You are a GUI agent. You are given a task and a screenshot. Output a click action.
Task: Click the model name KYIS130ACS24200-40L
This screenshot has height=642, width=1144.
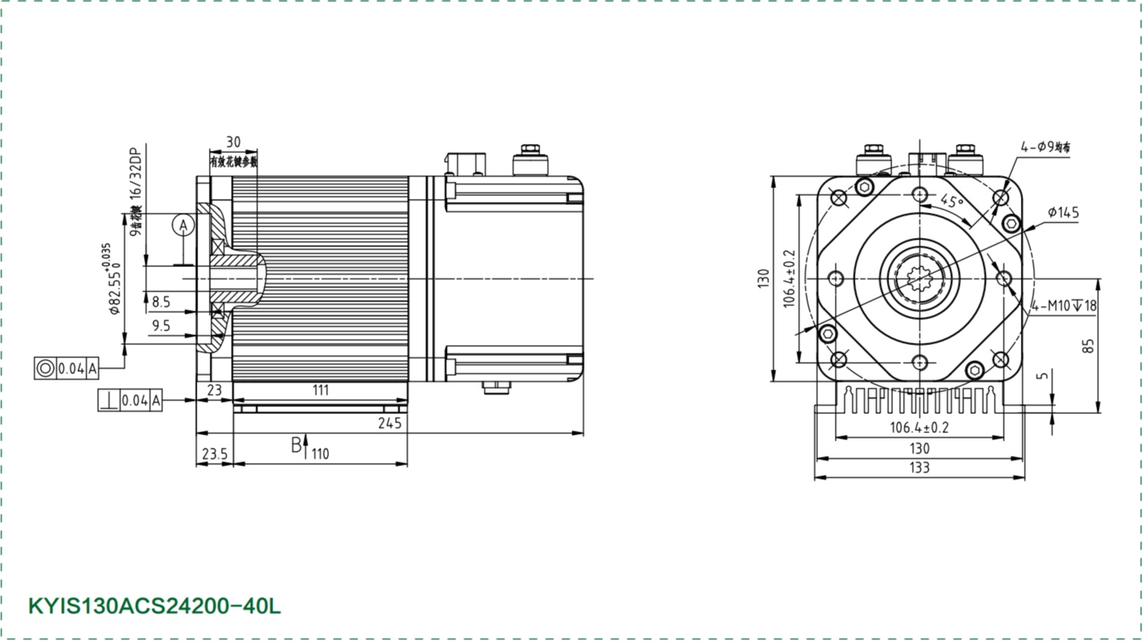155,606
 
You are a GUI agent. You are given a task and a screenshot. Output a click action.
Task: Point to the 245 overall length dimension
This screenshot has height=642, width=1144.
389,423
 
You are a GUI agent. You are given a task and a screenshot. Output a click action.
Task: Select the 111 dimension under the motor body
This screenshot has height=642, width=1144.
321,390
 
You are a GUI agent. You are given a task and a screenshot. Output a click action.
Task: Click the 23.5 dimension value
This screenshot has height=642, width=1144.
214,454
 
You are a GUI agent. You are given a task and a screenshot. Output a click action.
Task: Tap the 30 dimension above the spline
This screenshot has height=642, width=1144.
233,142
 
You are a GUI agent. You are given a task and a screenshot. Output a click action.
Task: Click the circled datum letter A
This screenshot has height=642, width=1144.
183,225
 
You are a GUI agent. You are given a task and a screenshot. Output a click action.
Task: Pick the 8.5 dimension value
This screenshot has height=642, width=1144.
161,302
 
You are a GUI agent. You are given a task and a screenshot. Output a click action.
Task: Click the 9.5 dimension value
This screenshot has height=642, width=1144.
161,326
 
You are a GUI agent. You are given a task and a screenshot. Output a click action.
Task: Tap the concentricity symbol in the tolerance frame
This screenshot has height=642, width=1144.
45,368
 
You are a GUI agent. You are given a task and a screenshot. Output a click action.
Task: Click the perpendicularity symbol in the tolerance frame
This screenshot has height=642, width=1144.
109,400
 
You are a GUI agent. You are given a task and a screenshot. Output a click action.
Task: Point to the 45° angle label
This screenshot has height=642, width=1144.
951,202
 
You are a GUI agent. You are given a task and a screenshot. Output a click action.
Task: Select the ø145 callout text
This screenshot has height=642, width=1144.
1063,212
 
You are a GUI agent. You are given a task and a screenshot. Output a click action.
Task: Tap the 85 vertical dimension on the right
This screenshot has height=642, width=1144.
1089,346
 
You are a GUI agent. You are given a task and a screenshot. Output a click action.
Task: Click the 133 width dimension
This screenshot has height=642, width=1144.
919,468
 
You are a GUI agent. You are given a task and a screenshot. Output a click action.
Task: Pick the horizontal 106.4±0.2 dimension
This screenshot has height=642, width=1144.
919,428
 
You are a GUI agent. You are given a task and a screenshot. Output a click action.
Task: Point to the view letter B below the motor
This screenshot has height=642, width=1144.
296,445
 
